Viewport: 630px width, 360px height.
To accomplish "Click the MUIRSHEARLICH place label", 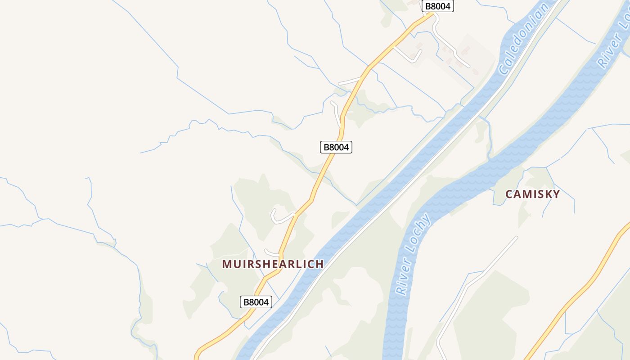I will pos(273,264).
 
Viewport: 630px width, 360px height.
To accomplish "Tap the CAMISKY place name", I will pos(532,194).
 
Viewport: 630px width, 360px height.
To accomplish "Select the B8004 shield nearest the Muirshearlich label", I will pos(256,302).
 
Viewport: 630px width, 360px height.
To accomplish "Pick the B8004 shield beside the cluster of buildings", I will pos(437,6).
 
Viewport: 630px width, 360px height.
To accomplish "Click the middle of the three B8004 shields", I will pos(336,147).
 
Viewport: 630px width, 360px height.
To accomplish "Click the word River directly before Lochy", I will pos(404,278).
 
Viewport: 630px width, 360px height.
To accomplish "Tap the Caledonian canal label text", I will pos(525,39).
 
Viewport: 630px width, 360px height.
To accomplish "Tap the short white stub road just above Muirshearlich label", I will pos(271,253).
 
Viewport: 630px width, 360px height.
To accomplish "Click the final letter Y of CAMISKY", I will pos(556,194).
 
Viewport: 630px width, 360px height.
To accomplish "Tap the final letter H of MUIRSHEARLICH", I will pos(319,264).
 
